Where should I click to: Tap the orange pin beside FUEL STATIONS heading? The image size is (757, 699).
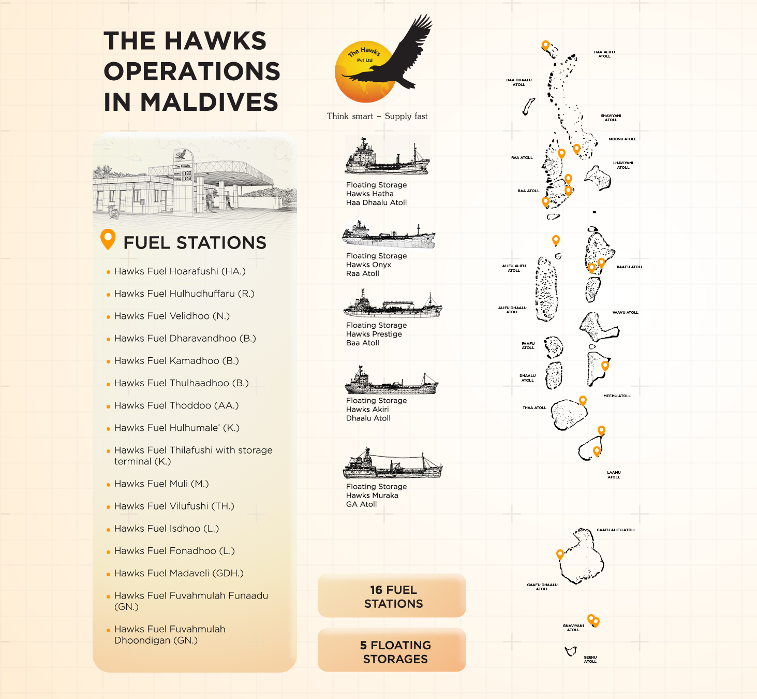tap(108, 239)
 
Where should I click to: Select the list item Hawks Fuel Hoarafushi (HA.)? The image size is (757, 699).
tap(180, 271)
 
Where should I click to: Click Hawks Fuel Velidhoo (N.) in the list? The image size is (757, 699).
tap(172, 316)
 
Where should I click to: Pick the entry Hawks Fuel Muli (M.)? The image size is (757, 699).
tap(161, 484)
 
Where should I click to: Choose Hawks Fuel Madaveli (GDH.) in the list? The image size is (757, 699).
tap(179, 573)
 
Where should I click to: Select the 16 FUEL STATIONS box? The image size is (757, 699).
tap(392, 596)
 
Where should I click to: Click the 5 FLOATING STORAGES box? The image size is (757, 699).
tap(392, 651)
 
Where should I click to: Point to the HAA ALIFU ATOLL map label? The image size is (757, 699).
tap(604, 54)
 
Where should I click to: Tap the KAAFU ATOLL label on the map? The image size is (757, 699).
tap(630, 267)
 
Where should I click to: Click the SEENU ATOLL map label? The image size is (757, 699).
tap(590, 659)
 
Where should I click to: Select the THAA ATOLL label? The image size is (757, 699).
tap(534, 408)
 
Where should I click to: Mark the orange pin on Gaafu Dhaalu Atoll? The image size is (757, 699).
tap(560, 554)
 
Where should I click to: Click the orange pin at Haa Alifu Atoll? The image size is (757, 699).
tap(545, 45)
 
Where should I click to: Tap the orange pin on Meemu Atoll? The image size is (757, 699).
tap(604, 365)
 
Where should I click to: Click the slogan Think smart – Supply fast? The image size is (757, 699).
tap(377, 116)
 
